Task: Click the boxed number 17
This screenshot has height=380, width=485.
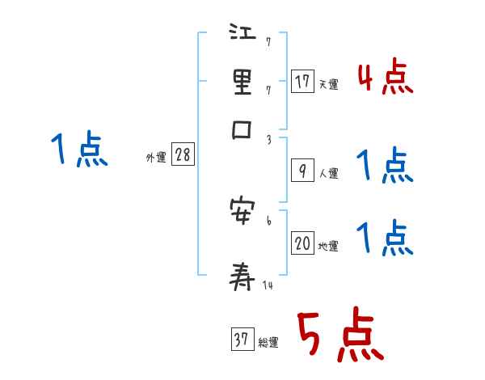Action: tap(302, 81)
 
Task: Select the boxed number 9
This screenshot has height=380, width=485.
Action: tap(302, 170)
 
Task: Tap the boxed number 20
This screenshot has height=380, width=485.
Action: tap(302, 244)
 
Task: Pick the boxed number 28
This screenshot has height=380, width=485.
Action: tap(183, 155)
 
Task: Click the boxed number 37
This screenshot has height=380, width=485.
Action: tap(241, 340)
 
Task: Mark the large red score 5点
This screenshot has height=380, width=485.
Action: tap(339, 336)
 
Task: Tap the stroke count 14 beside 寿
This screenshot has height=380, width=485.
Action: tap(268, 286)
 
